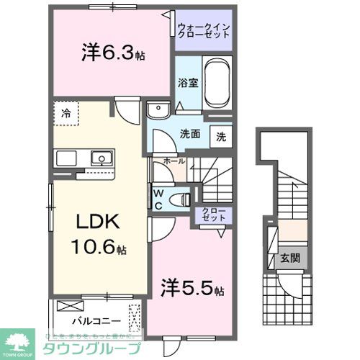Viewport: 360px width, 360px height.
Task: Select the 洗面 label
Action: click(x=189, y=134)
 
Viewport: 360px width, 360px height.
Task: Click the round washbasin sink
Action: click(x=156, y=109)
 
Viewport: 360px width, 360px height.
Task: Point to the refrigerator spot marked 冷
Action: click(x=66, y=113)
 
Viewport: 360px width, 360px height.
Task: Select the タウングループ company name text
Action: click(x=90, y=347)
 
